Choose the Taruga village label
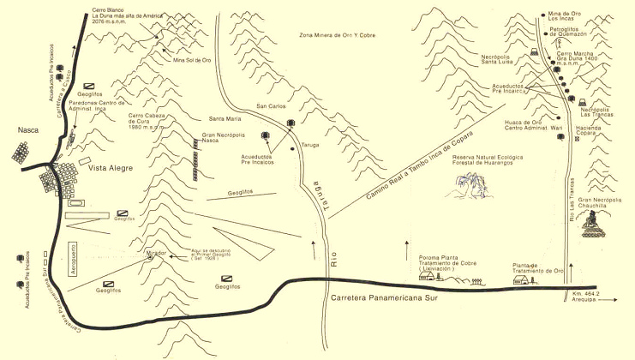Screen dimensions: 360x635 click(x=309, y=147)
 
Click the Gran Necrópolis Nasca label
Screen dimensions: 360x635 click(x=220, y=140)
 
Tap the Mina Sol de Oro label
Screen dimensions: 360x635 click(x=191, y=60)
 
